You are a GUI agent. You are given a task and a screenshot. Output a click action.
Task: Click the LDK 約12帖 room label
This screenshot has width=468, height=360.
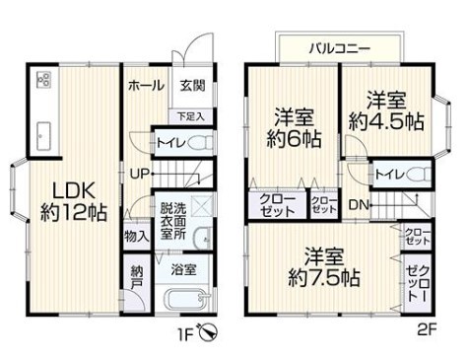(x=74, y=201)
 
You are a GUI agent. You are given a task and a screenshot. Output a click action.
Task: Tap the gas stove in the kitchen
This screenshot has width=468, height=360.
(x=44, y=79)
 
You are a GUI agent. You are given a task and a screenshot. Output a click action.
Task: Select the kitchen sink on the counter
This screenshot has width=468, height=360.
(x=43, y=136)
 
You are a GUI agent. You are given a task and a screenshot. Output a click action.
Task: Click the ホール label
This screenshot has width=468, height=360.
(x=146, y=86)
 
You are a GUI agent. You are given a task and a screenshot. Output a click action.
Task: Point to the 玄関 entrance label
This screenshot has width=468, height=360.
(x=192, y=86)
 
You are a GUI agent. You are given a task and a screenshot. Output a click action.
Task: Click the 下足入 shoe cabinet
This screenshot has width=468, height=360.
(x=191, y=116)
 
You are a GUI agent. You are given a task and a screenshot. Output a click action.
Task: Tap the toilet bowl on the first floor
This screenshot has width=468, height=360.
(x=201, y=143)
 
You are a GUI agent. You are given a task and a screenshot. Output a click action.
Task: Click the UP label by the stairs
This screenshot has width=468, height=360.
(x=140, y=174)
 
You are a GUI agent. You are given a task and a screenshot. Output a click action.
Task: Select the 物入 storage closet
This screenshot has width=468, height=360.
(x=137, y=236)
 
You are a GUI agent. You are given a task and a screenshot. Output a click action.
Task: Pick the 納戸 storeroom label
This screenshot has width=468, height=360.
(x=137, y=277)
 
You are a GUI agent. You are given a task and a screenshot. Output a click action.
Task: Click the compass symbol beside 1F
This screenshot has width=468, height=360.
(x=208, y=332)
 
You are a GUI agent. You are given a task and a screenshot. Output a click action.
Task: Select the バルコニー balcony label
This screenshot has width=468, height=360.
(x=340, y=49)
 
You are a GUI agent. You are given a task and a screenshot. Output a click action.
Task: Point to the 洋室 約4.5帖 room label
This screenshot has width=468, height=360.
(x=386, y=111)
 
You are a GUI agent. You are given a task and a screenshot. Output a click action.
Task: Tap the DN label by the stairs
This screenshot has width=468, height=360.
(x=359, y=205)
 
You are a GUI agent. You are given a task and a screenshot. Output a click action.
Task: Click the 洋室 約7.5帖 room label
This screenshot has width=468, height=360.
(x=324, y=267)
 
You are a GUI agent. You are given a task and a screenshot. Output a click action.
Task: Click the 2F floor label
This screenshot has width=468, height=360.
(x=427, y=328)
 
